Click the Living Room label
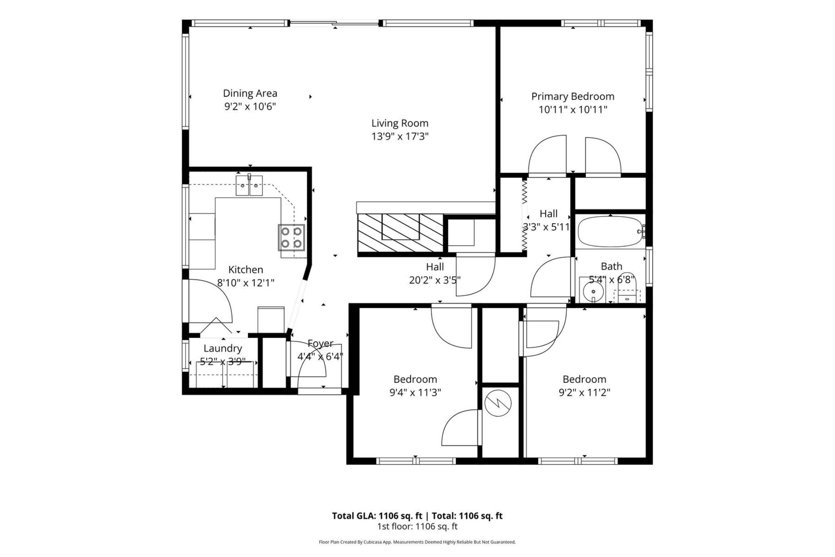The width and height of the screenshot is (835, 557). pyautogui.click(x=400, y=123)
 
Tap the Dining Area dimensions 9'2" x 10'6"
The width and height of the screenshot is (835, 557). pyautogui.click(x=250, y=107)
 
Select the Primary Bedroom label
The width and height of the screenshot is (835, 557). pyautogui.click(x=572, y=96)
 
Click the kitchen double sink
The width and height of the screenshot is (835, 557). pyautogui.click(x=249, y=186)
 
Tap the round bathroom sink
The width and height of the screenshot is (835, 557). pyautogui.click(x=593, y=291)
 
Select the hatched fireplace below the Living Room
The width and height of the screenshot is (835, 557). pyautogui.click(x=400, y=233)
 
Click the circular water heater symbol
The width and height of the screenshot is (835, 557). pyautogui.click(x=498, y=404)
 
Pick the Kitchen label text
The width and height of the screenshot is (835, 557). pyautogui.click(x=245, y=269)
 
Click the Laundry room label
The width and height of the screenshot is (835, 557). pyautogui.click(x=223, y=348)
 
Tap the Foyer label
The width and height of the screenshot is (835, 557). pyautogui.click(x=320, y=344)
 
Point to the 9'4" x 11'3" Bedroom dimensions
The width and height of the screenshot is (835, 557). pyautogui.click(x=415, y=393)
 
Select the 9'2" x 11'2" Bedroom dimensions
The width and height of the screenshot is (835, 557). pyautogui.click(x=584, y=393)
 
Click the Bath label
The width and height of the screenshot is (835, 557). pyautogui.click(x=612, y=266)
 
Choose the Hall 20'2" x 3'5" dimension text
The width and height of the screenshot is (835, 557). pyautogui.click(x=435, y=280)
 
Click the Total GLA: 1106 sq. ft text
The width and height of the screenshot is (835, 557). pyautogui.click(x=377, y=516)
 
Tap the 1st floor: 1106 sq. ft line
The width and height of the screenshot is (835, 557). pyautogui.click(x=417, y=526)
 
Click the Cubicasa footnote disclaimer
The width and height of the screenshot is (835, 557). pyautogui.click(x=417, y=542)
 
